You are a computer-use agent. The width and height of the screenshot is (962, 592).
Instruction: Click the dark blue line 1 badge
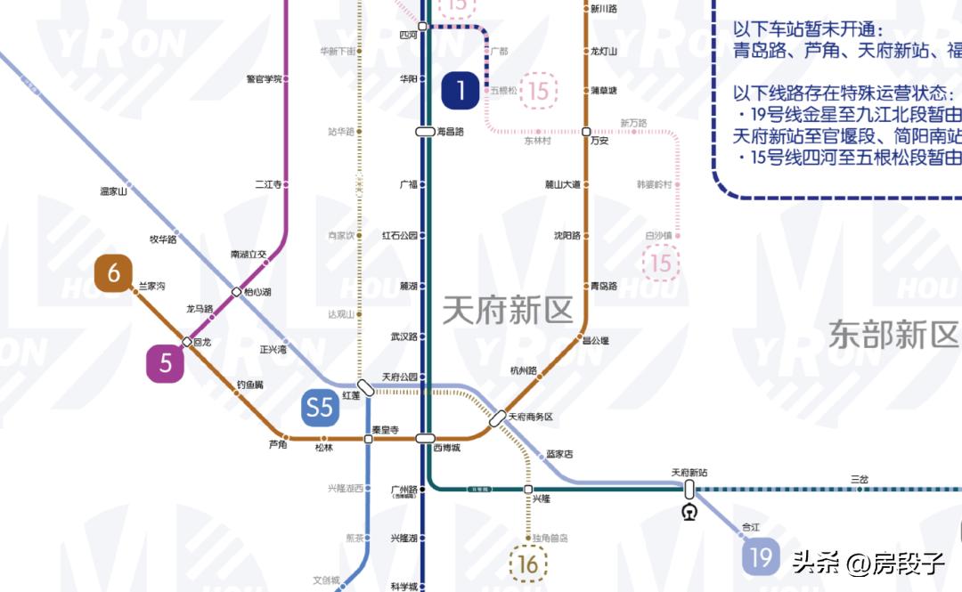point(461,90)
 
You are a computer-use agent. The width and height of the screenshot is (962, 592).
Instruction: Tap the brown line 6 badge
point(114,273)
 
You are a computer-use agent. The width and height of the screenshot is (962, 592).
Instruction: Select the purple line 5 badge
point(166,364)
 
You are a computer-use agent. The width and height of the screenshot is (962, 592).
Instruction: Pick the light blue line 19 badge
point(761,557)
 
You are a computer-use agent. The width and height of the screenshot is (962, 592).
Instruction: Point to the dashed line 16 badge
point(528,564)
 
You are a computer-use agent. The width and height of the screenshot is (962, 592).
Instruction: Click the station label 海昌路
point(451,132)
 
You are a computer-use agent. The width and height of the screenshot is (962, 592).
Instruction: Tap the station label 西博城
point(446,448)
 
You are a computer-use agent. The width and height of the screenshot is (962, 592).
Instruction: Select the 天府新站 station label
point(689,473)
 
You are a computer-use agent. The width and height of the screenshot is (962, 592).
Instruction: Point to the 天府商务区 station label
point(531,417)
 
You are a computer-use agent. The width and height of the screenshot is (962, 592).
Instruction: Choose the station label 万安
point(599,141)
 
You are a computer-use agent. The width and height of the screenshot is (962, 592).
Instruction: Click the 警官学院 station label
point(264,78)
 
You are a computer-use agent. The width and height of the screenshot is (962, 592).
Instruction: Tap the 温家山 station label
point(114,191)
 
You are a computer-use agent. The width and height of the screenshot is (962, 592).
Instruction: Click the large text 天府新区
point(508,310)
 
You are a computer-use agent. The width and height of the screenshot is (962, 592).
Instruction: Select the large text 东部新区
point(893,335)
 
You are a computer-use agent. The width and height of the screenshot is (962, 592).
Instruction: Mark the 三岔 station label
point(859,479)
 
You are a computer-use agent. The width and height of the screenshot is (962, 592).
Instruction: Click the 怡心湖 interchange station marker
point(236,292)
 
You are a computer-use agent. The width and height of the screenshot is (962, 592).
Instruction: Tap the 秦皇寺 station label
point(384,429)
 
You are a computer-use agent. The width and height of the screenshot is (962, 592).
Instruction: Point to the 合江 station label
point(751,527)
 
